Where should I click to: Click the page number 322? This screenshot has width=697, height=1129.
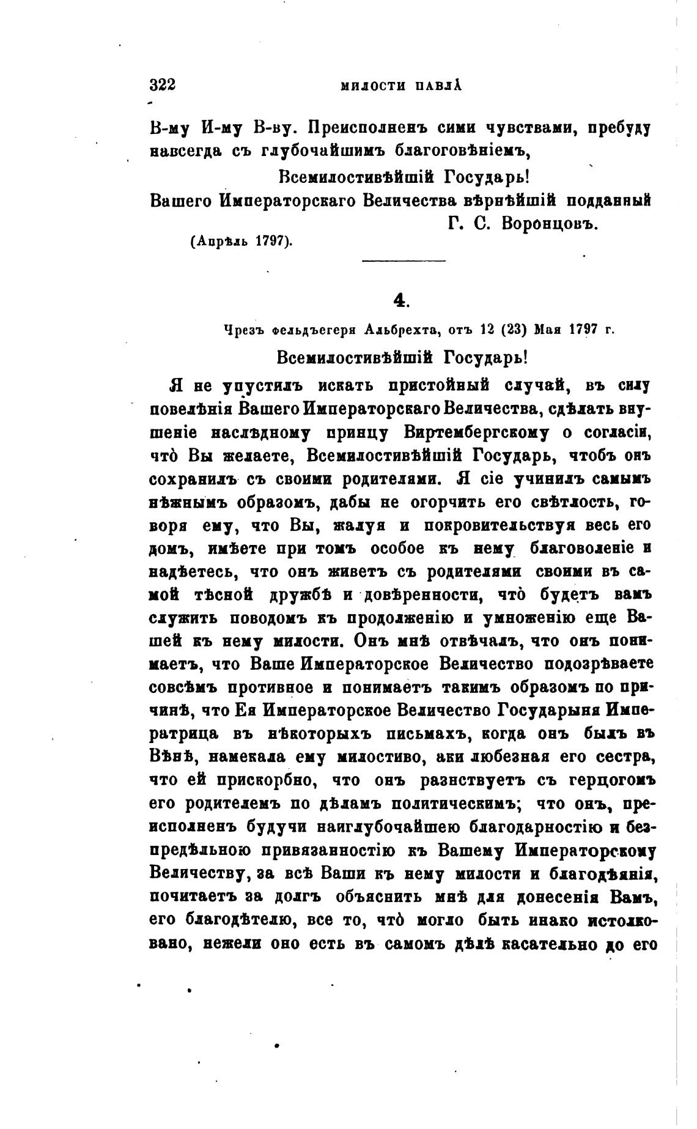pyautogui.click(x=163, y=85)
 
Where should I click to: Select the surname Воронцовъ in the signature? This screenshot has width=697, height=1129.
pyautogui.click(x=548, y=224)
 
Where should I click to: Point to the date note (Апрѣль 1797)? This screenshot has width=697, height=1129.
pyautogui.click(x=242, y=241)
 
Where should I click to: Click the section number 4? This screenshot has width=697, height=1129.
pyautogui.click(x=400, y=300)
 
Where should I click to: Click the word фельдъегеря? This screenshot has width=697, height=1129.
pyautogui.click(x=316, y=330)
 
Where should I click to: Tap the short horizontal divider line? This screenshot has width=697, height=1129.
pyautogui.click(x=404, y=262)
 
